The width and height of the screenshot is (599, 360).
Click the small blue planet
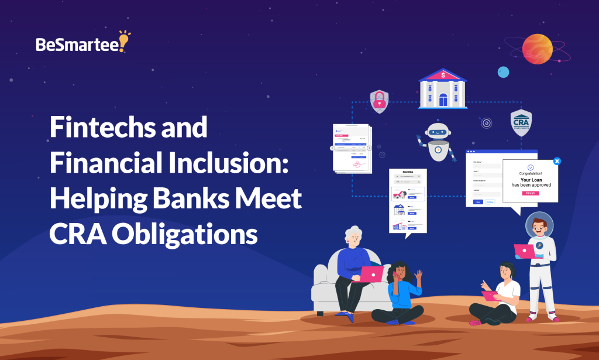pyautogui.click(x=503, y=72)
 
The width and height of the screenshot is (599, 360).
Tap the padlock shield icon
pyautogui.click(x=379, y=101)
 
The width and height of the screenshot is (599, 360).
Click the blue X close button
pyautogui.click(x=557, y=160)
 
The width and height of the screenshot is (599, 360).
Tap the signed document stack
pyautogui.click(x=352, y=148)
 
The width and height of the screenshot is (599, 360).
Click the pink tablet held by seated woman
pyautogui.click(x=488, y=295)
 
